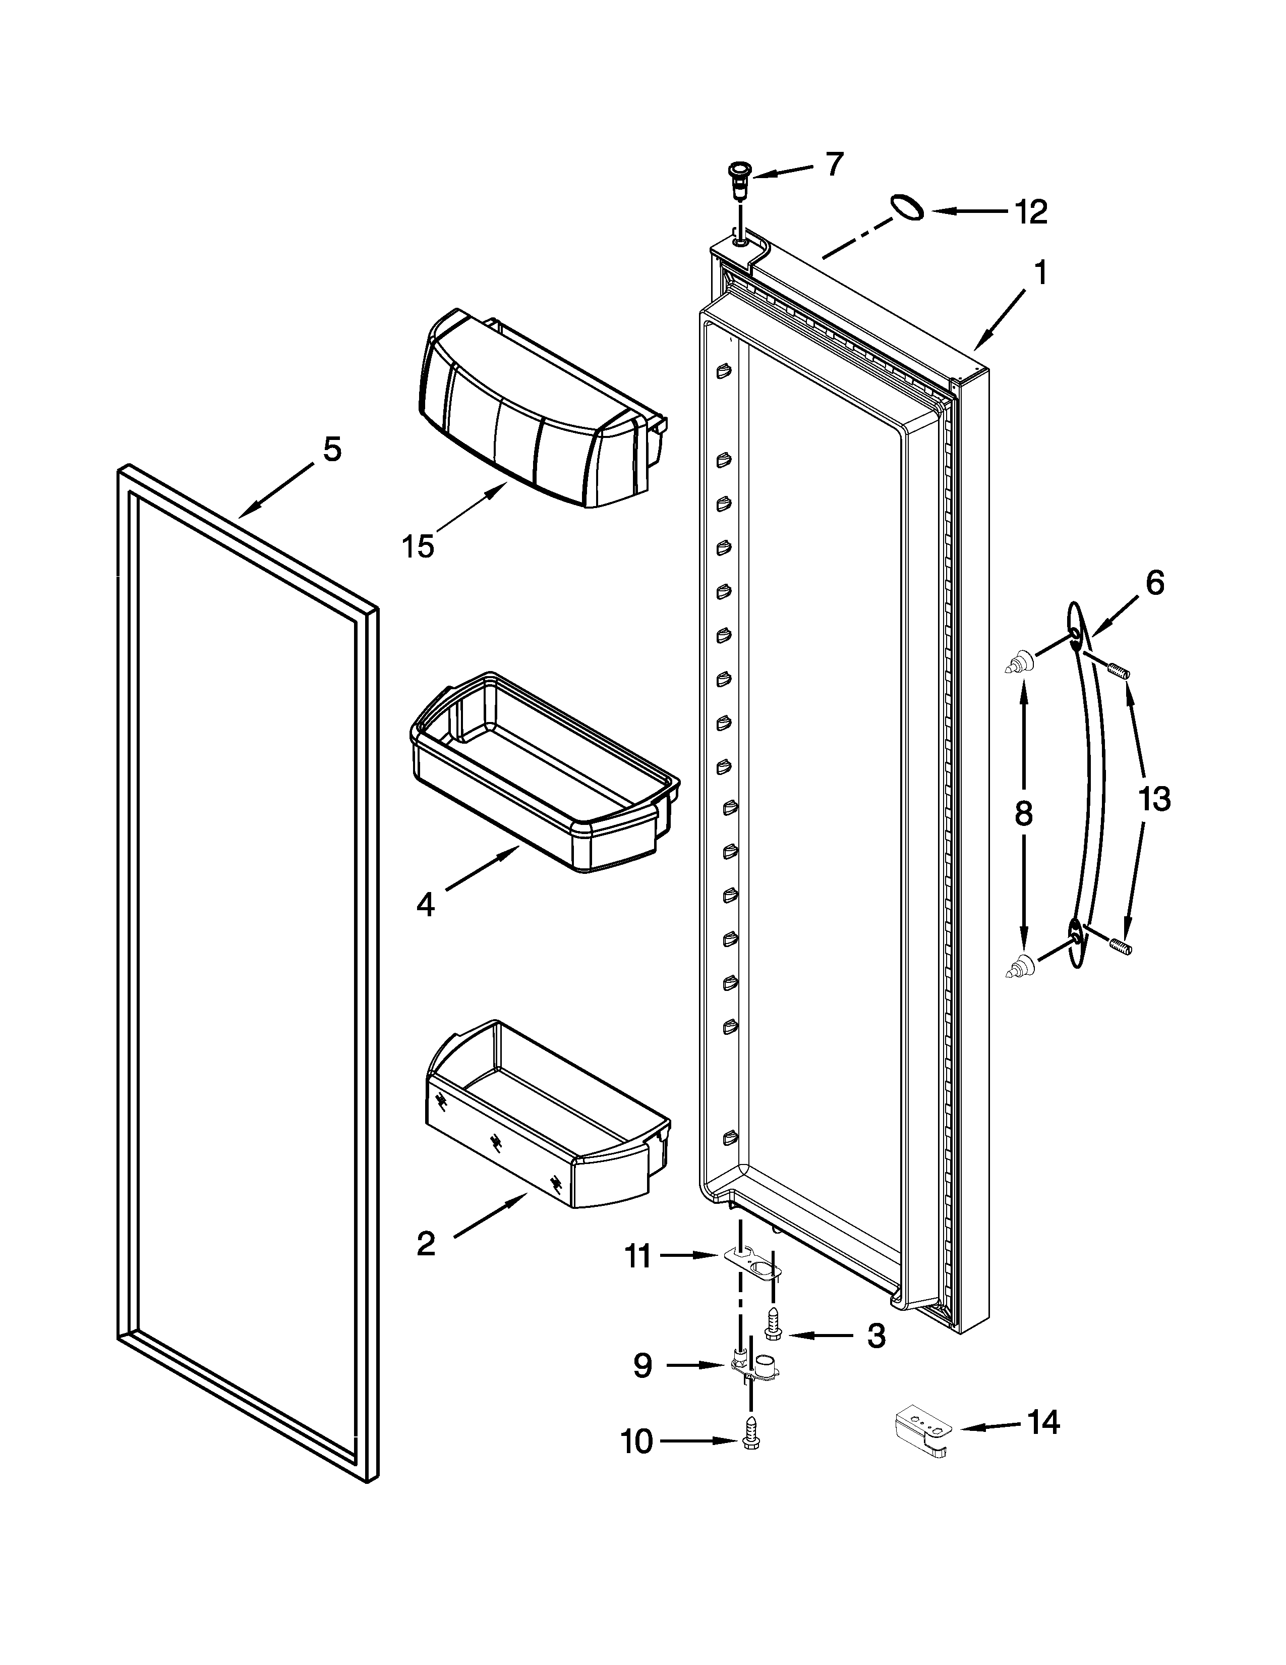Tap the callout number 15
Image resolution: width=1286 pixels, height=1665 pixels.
pos(418,546)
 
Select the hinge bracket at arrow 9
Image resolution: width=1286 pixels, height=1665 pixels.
pos(750,1368)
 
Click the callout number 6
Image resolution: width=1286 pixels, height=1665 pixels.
pos(1155,583)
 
